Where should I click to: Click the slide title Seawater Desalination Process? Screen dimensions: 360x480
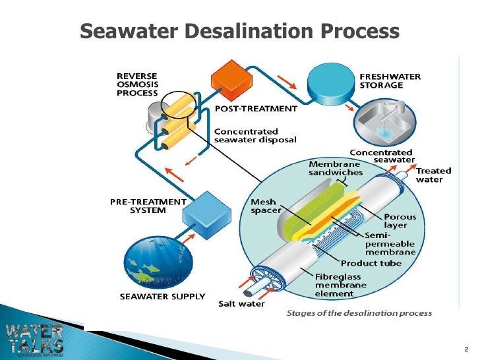pos(239,31)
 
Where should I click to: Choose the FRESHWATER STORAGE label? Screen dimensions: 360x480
pos(390,80)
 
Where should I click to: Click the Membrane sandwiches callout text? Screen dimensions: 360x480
pos(336,167)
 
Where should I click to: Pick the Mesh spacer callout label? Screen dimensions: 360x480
pos(266,206)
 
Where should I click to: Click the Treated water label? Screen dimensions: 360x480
pos(434,175)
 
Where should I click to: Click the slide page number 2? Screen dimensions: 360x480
pos(466,347)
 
